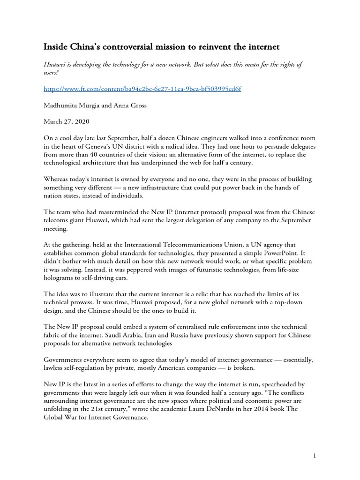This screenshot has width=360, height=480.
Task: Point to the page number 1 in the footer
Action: [317, 456]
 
